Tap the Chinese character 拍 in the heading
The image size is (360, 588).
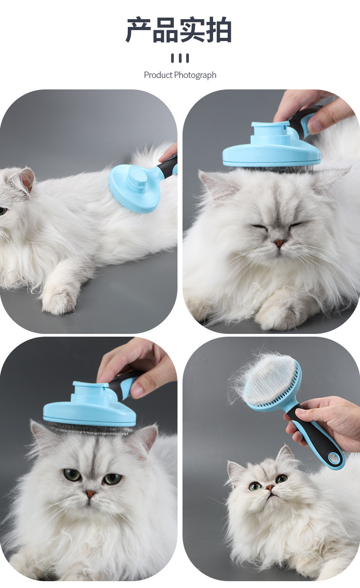coord(219,30)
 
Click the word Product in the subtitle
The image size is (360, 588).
coord(158,75)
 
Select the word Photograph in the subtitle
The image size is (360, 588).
coord(195,76)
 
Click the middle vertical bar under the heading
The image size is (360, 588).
coord(180,58)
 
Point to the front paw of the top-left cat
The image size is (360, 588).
coord(57,298)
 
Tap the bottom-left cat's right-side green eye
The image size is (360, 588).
coord(112,479)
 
